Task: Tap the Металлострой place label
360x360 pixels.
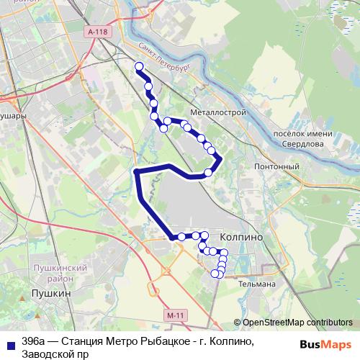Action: tap(219, 112)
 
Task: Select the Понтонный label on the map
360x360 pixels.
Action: tap(277, 167)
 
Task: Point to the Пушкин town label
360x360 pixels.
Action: tap(51, 294)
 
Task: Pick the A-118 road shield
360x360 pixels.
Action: tap(96, 32)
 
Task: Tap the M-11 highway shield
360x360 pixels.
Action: tap(174, 315)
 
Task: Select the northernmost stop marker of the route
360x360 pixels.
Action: tap(140, 66)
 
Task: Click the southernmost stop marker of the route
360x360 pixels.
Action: tap(215, 274)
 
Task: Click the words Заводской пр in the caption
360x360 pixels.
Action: tap(55, 354)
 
